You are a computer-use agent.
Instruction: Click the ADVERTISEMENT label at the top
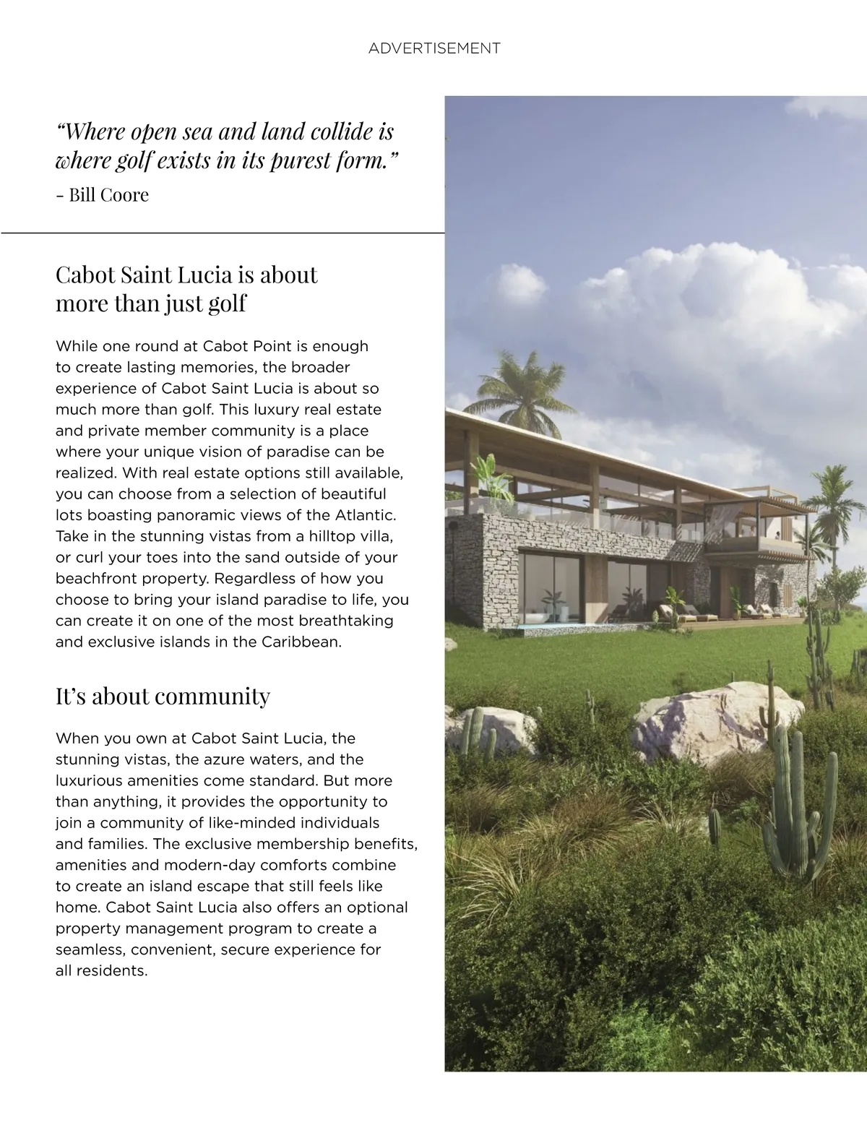433,48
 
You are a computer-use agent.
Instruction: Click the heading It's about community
163,696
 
